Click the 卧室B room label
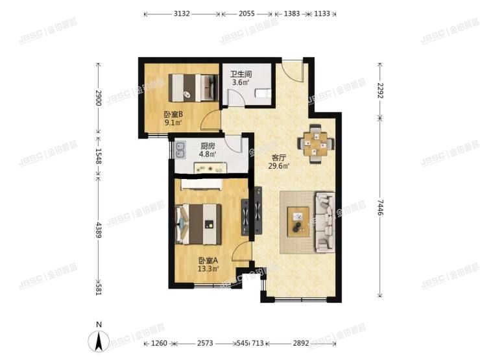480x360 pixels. (x=173, y=114)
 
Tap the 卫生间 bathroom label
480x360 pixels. (x=242, y=73)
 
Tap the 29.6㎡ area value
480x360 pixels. (x=280, y=165)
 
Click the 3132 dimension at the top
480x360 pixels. (x=181, y=13)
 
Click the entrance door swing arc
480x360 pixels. (x=293, y=70)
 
